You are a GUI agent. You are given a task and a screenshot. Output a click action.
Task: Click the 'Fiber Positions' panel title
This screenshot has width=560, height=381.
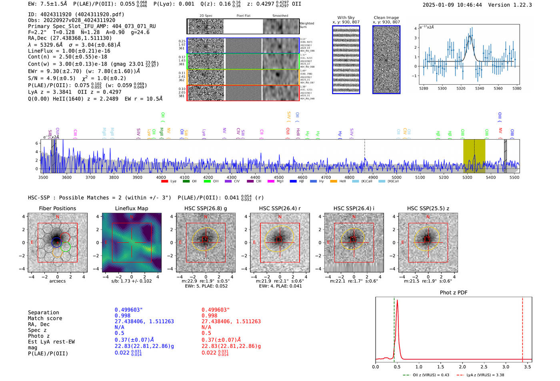(x=57, y=208)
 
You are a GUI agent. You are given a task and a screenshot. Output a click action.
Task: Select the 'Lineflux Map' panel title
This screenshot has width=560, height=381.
(x=132, y=208)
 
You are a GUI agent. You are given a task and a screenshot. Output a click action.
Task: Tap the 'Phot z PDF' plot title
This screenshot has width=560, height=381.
(x=454, y=292)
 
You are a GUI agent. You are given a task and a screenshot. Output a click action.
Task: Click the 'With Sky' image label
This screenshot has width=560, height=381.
(x=346, y=18)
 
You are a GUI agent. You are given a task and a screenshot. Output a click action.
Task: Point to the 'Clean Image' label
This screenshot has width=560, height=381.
(x=386, y=18)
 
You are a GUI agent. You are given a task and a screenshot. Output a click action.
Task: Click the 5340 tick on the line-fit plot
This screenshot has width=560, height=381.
(x=480, y=88)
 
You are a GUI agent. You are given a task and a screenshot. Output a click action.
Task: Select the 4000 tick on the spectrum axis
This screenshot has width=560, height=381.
(x=161, y=177)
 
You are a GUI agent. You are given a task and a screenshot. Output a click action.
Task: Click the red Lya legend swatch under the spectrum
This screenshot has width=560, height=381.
(x=164, y=182)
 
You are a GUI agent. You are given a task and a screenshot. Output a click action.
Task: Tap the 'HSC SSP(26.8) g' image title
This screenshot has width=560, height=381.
(x=206, y=208)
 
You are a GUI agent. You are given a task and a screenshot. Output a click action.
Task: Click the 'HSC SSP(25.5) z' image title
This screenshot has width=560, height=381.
(x=428, y=208)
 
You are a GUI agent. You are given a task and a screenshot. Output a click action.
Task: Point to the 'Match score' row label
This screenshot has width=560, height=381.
(x=45, y=318)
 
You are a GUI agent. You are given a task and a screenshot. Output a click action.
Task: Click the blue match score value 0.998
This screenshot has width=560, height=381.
(x=122, y=315)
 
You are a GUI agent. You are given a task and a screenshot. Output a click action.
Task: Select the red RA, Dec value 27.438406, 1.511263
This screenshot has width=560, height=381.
(x=231, y=321)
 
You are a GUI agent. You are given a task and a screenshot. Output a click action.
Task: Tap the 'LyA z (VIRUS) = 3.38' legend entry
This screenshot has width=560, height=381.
(x=485, y=375)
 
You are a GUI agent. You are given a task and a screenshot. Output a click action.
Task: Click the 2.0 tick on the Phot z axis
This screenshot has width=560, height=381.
(x=462, y=367)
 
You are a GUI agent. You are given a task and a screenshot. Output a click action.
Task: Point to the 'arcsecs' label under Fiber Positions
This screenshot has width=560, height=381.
(x=57, y=281)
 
